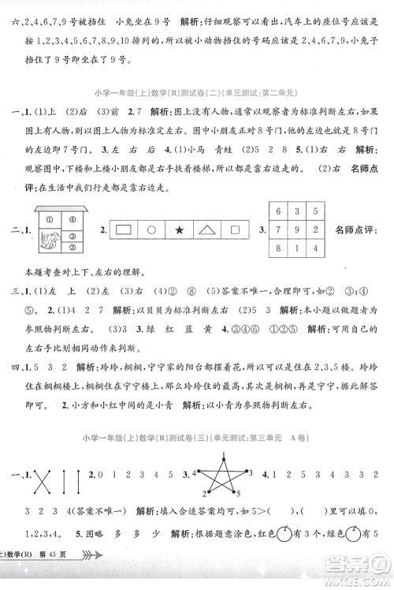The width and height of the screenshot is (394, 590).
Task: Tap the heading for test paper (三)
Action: (x=197, y=439)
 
